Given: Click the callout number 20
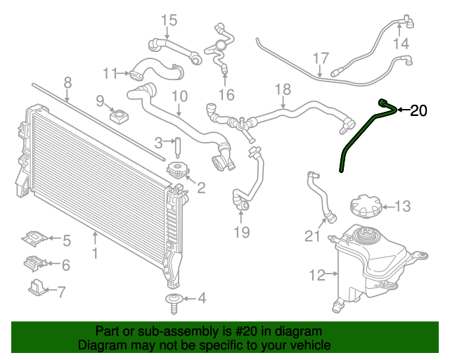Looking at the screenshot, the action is click(418, 110).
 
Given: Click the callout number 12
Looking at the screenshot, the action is click(317, 275).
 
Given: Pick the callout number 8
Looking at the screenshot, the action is click(67, 83).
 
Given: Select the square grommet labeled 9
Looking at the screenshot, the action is click(119, 116).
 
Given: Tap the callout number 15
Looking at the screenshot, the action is click(169, 20).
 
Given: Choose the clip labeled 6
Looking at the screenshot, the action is click(35, 264).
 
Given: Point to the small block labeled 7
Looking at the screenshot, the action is click(37, 288).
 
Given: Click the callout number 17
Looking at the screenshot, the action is click(321, 58).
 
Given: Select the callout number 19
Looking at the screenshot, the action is click(242, 232).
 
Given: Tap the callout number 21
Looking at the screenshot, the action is click(312, 236).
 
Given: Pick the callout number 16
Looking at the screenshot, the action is click(226, 94).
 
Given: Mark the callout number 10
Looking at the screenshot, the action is click(180, 96).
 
